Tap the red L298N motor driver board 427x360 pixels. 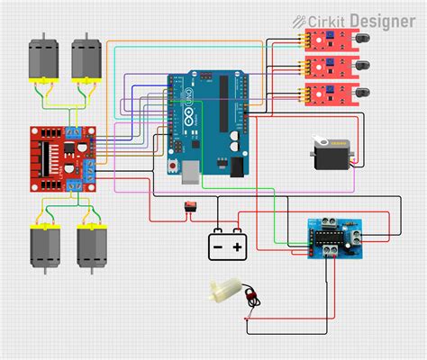(x=59, y=158)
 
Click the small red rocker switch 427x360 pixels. (x=191, y=210)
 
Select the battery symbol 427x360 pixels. (x=226, y=245)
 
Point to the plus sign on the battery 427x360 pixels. (x=238, y=246)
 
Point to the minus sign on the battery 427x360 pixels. (x=216, y=246)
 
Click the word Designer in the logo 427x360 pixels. (x=382, y=19)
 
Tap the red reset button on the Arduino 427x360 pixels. (x=172, y=167)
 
